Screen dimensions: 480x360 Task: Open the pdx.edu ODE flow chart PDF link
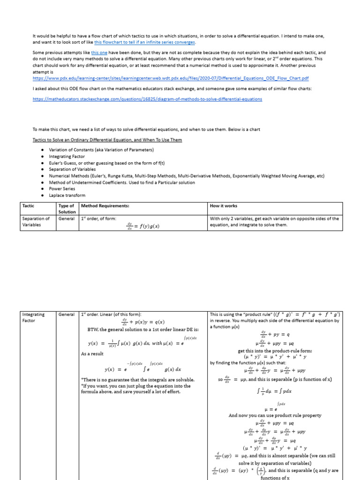[x=171, y=78]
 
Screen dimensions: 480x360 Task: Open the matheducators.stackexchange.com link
[x=147, y=99]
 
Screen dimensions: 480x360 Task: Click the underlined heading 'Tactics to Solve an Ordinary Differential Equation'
[x=107, y=140]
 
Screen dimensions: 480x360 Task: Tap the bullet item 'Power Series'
[x=63, y=189]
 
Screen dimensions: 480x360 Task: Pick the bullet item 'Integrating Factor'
[x=67, y=156]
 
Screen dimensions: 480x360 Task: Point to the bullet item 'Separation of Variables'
[x=72, y=169]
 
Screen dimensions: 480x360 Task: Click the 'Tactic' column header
[x=28, y=206]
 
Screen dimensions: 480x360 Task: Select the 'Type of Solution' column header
[x=67, y=209]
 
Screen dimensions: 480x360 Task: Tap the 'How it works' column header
[x=224, y=206]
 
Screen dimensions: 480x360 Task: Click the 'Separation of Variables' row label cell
[x=36, y=222]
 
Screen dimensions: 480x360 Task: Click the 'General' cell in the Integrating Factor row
[x=67, y=314]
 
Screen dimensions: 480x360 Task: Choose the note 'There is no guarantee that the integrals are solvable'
[x=138, y=379]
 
